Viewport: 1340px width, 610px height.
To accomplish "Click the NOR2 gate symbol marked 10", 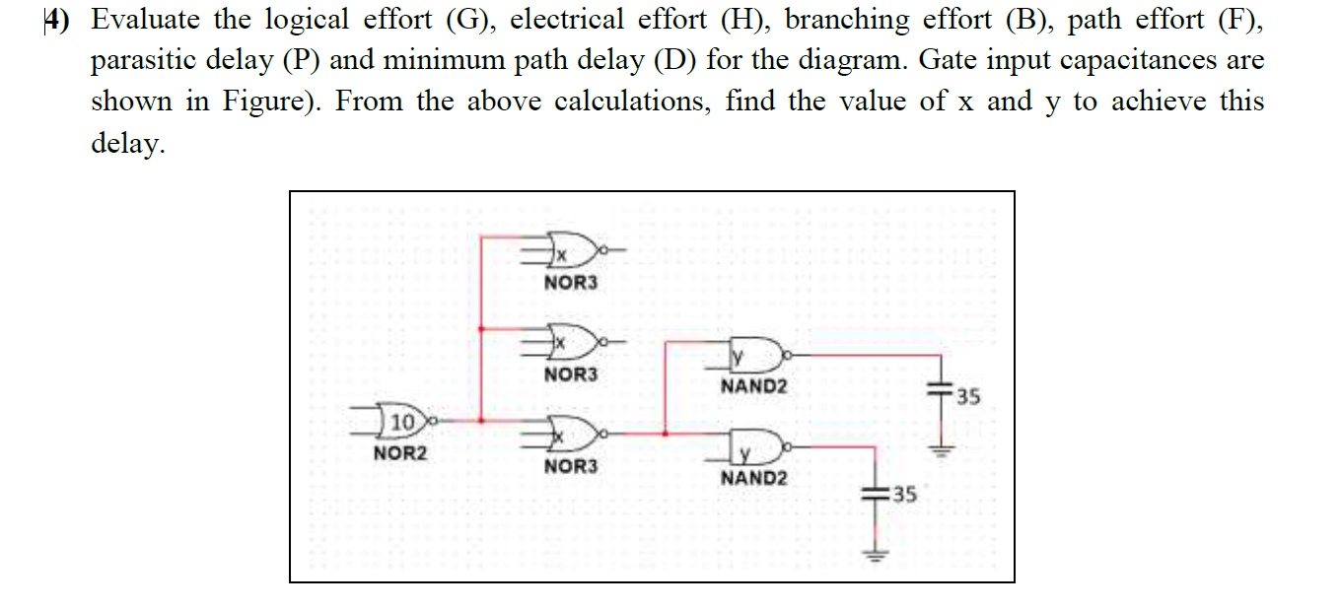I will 402,422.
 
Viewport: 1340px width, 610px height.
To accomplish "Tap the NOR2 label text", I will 401,454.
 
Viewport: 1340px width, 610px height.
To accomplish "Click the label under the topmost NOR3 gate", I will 571,284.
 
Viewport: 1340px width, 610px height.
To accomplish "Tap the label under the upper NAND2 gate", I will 754,386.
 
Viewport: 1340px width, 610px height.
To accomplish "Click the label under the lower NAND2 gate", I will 754,478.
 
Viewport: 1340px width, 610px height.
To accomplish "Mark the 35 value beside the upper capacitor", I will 968,398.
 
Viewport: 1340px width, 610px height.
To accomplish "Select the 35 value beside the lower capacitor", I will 904,495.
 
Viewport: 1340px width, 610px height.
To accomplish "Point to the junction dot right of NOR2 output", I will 480,421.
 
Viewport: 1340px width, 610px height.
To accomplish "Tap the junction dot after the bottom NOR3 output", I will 668,433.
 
